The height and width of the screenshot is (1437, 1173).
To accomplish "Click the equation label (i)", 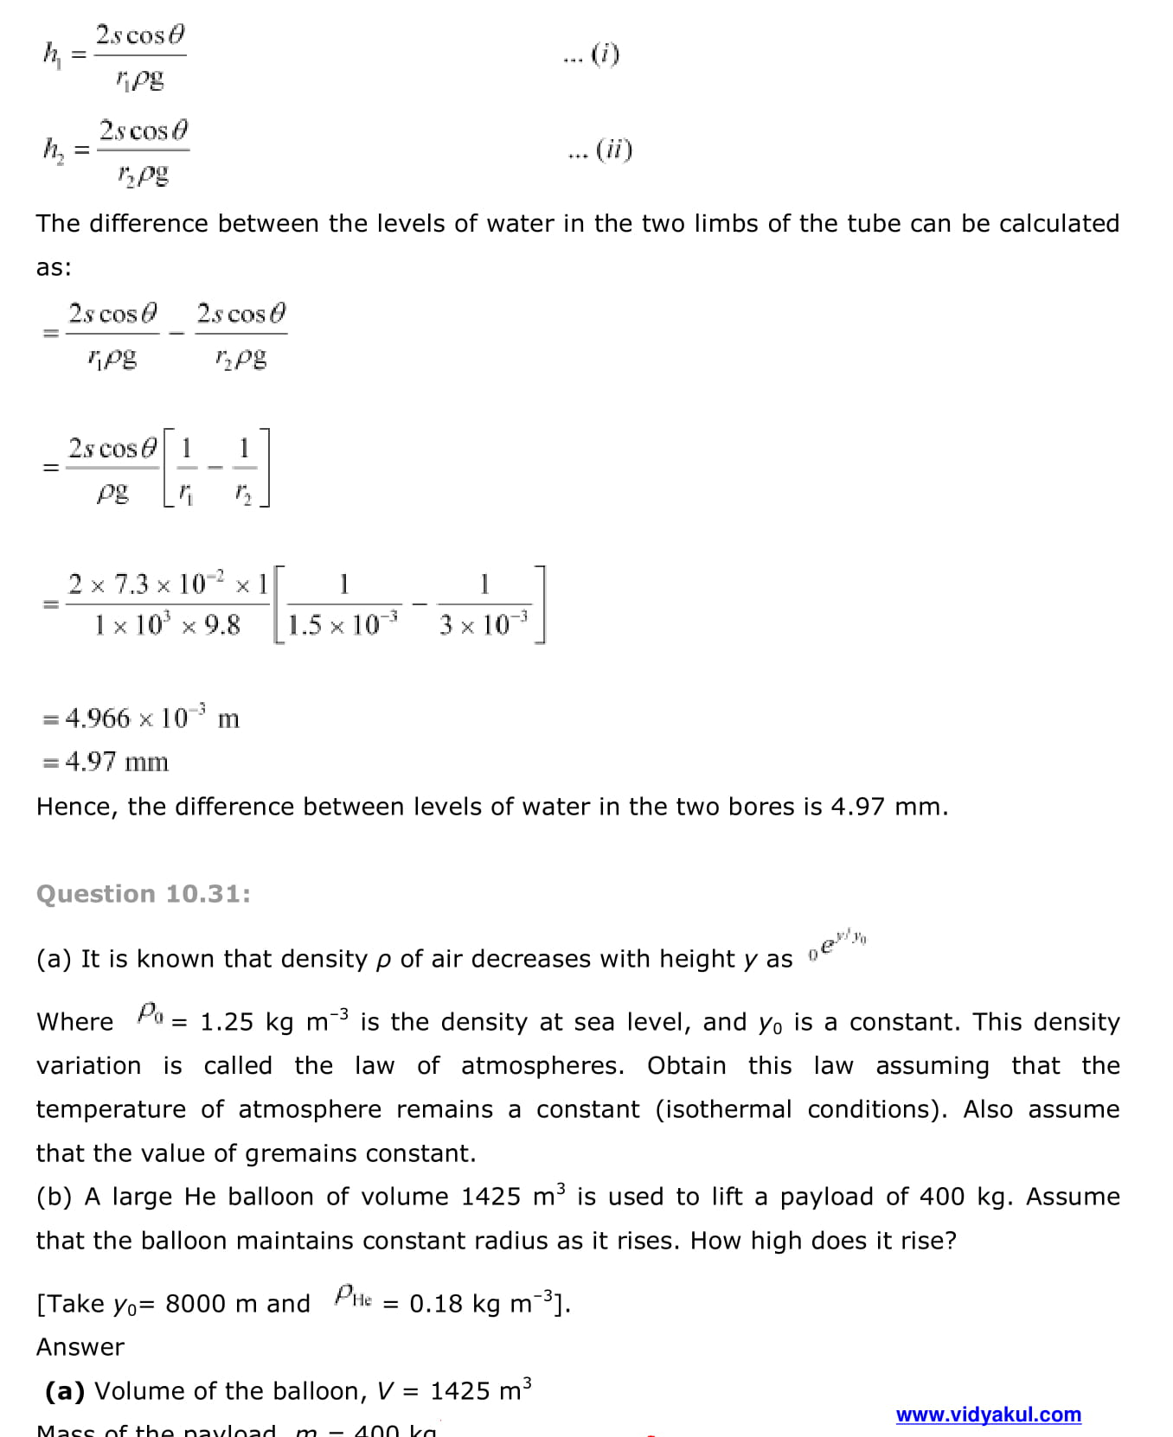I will [x=605, y=54].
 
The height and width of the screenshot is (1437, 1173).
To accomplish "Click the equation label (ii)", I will [x=613, y=150].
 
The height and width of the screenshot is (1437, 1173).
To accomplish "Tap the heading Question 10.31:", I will [x=144, y=894].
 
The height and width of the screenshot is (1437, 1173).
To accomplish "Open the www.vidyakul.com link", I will [x=988, y=1415].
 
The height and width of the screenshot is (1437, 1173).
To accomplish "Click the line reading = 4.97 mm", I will [x=106, y=762].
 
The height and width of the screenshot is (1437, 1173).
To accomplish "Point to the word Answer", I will [x=80, y=1347].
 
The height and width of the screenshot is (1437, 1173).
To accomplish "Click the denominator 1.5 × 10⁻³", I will [x=343, y=623].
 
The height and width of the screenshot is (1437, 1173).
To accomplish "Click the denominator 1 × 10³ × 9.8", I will [x=167, y=624].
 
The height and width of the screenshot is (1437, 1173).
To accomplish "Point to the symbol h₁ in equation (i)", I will [x=52, y=54].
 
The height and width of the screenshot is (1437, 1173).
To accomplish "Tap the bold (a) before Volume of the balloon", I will [x=65, y=1391].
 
